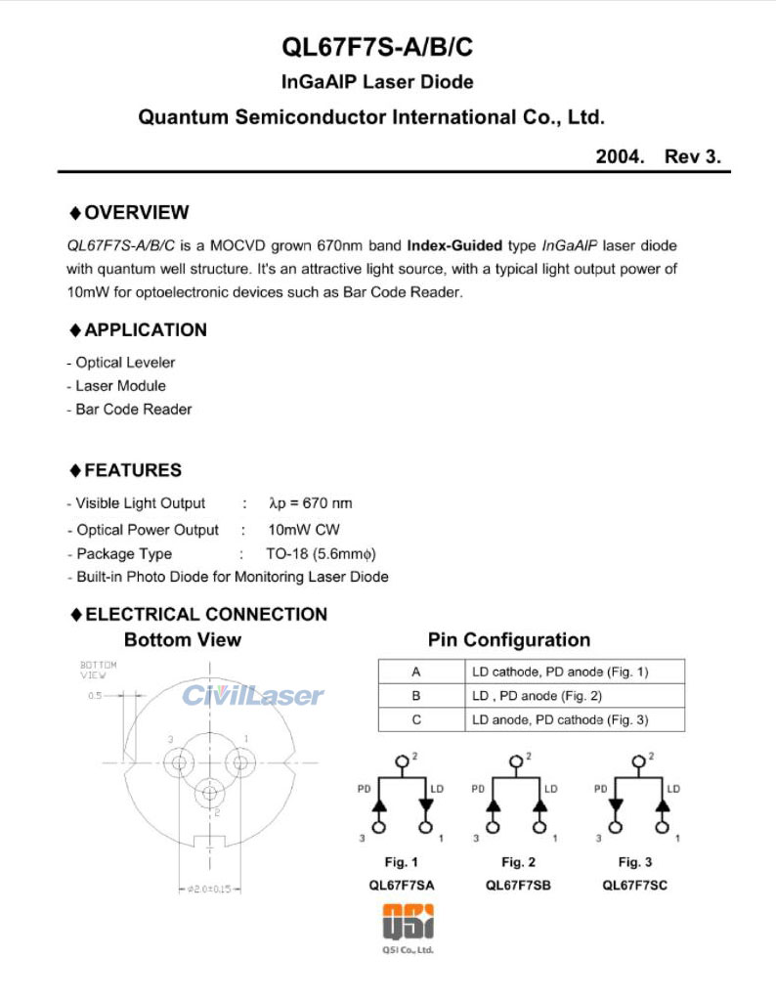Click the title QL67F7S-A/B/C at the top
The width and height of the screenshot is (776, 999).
click(388, 47)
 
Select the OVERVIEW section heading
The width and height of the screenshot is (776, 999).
click(135, 213)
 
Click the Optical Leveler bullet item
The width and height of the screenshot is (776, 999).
click(120, 363)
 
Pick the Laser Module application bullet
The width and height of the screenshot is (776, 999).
click(116, 386)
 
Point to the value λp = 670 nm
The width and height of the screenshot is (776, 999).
click(310, 503)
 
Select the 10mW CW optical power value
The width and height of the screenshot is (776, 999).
click(303, 530)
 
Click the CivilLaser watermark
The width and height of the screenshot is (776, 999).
click(252, 696)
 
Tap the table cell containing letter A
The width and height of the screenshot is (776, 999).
click(416, 672)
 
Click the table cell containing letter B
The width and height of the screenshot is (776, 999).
click(416, 696)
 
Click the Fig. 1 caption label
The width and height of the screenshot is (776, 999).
click(401, 862)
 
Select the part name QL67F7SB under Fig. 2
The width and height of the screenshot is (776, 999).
click(518, 885)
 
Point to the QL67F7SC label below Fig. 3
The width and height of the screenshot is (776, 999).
click(634, 885)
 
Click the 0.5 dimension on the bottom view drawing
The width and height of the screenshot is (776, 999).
click(94, 696)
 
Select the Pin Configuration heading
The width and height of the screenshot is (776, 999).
click(509, 640)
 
